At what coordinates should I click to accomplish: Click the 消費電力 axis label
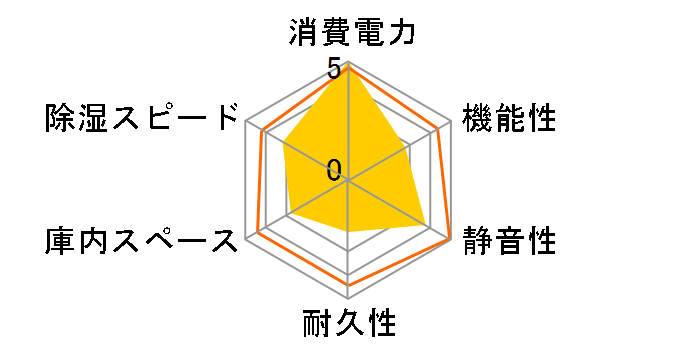click(347, 33)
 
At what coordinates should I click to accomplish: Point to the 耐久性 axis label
click(348, 325)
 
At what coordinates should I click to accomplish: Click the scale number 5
click(333, 70)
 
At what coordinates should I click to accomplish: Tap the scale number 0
click(334, 170)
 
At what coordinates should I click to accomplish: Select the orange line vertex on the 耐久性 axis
click(348, 284)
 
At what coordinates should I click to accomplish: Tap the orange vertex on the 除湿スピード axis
click(262, 131)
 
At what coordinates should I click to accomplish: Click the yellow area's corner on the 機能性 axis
click(408, 146)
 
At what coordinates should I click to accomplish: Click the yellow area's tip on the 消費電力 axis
click(348, 66)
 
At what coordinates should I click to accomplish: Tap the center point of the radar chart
click(348, 181)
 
